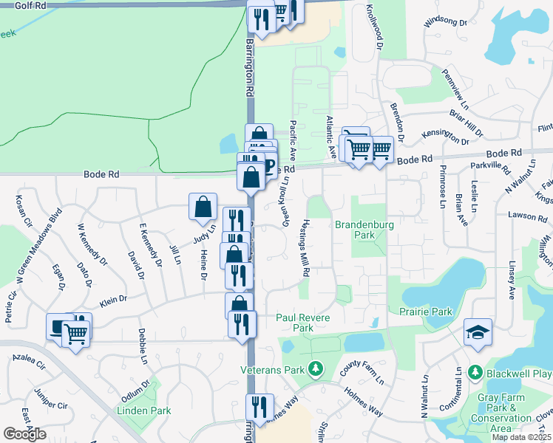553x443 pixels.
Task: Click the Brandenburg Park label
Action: pos(362,230)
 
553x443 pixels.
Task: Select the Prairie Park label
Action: pos(427,312)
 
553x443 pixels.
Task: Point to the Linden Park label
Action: pos(143,411)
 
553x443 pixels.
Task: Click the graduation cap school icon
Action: pos(477,333)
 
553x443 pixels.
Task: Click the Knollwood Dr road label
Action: pos(373,28)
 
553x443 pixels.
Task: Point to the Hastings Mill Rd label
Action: pos(304,248)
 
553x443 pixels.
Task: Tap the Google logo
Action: pos(24,434)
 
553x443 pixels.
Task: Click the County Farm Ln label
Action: pos(362,371)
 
